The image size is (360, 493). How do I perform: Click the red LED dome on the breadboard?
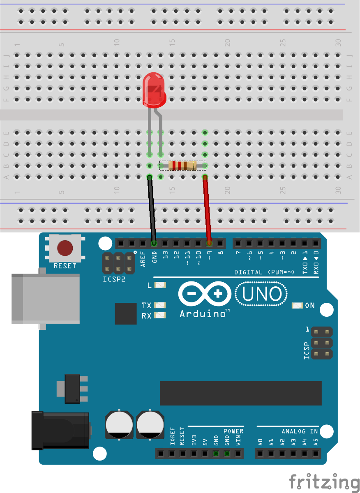(x=154, y=90)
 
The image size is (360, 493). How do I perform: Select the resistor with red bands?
(x=183, y=166)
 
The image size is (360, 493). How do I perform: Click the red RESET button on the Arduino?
(x=65, y=248)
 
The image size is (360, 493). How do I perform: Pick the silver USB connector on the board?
(x=46, y=299)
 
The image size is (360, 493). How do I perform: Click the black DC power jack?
(x=60, y=431)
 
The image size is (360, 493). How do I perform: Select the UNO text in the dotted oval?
(x=262, y=294)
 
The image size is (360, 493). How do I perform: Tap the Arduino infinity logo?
(x=205, y=294)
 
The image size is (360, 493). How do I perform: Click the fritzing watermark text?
(x=324, y=482)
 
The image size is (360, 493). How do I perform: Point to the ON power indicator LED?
(x=298, y=306)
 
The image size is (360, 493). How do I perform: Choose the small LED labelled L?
(x=160, y=285)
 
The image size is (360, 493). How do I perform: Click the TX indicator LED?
(x=160, y=305)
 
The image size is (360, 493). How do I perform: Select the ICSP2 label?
(x=114, y=279)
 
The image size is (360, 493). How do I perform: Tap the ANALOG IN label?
(x=300, y=431)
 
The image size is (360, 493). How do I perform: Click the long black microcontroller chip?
(x=241, y=393)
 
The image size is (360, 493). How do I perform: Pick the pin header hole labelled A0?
(x=260, y=454)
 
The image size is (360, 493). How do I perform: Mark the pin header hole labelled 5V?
(x=205, y=454)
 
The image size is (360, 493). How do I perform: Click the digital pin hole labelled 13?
(x=165, y=243)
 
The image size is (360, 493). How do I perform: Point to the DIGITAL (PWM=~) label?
(x=264, y=272)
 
